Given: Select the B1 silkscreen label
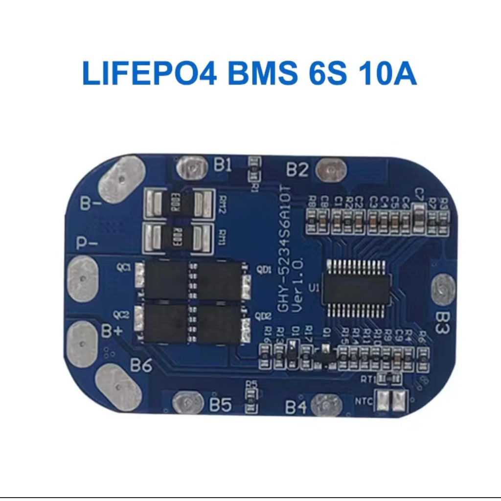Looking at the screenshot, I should pos(223,165).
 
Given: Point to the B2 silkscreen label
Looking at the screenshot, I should pos(297,169).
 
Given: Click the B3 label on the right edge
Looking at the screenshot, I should pos(442,322).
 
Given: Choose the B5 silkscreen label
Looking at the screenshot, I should pos(220,405).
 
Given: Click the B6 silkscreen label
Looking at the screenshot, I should pos(140,365).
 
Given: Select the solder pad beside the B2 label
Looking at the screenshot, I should pos(331,169).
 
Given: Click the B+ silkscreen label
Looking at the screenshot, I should pos(112,331).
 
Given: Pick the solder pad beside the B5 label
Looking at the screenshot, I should pos(188,402).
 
